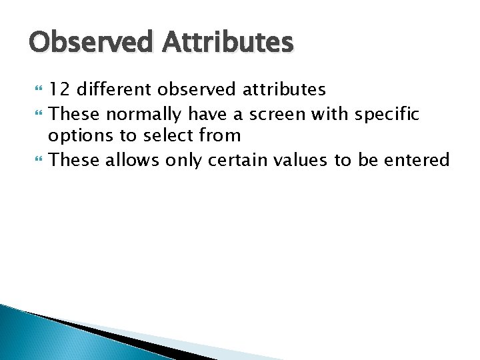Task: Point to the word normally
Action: (x=141, y=114)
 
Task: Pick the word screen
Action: (x=275, y=114)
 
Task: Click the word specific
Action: (x=387, y=114)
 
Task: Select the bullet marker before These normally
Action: (x=35, y=114)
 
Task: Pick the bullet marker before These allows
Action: (x=35, y=160)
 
